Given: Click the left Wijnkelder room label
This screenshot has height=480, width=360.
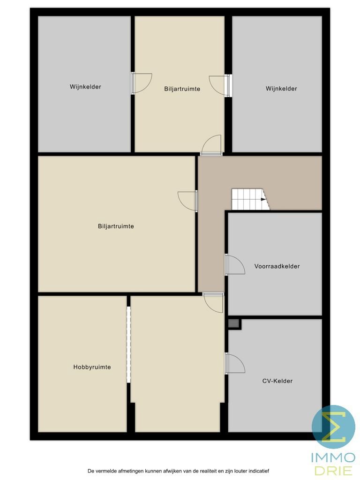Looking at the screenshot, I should click(85, 87).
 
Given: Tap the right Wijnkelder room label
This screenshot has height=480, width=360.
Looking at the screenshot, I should click(281, 89).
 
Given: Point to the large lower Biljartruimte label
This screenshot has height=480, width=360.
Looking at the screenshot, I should click(116, 226).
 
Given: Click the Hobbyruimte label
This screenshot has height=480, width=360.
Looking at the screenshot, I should click(92, 367).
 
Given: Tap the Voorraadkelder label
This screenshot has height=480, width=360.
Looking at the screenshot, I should click(277, 266).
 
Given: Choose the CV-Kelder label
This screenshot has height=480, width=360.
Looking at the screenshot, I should click(277, 381).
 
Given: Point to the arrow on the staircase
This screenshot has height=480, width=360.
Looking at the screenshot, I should click(264, 200).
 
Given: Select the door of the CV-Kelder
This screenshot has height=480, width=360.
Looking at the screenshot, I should click(234, 363).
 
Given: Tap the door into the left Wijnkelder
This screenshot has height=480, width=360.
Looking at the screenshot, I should click(141, 83).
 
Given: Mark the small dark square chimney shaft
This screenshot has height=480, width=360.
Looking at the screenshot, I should click(233, 323).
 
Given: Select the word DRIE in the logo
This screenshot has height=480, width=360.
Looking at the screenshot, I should click(334, 470).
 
